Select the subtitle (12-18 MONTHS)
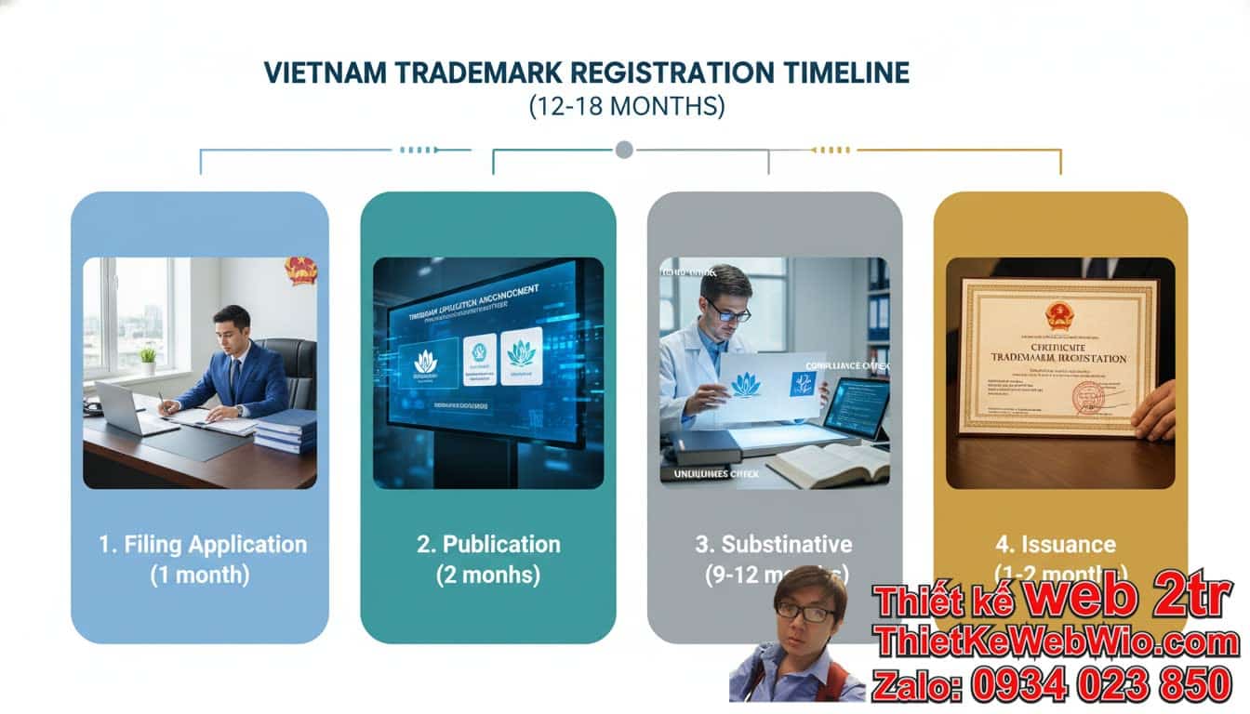click(626, 106)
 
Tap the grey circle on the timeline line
click(624, 149)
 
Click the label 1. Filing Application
click(203, 544)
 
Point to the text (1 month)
click(200, 575)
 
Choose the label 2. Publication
click(488, 544)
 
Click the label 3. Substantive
click(774, 544)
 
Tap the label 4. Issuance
click(1056, 544)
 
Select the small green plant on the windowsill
click(148, 359)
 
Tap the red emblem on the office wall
click(300, 270)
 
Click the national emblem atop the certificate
click(1059, 316)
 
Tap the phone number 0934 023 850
click(1102, 685)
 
